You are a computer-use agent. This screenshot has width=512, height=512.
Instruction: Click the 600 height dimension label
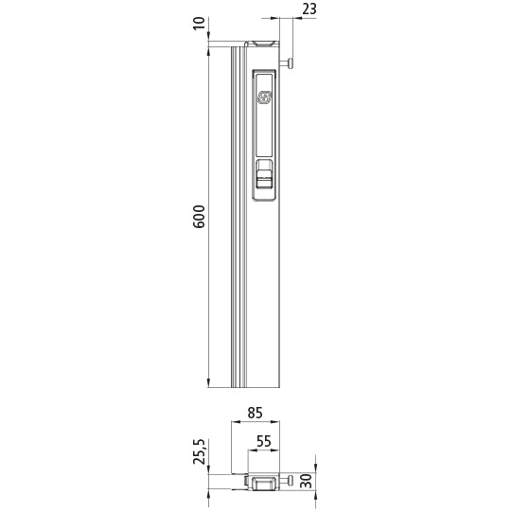[199, 217]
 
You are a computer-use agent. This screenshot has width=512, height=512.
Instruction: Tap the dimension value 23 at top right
[309, 9]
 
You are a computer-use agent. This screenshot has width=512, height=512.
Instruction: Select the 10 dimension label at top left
[199, 23]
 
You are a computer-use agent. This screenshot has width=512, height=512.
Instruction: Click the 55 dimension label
[264, 441]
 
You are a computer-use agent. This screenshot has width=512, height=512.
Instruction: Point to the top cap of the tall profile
[262, 43]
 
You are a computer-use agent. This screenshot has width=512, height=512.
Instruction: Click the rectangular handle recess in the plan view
[264, 484]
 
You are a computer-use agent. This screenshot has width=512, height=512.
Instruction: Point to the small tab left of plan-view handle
[244, 483]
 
